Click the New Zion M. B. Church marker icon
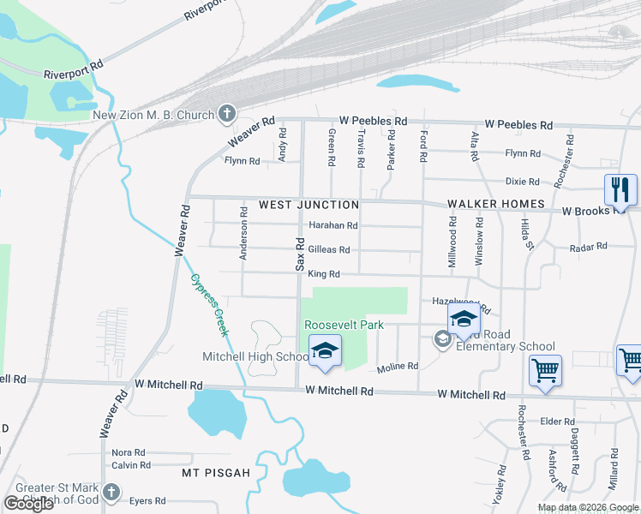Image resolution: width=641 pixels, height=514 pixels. pos(227,112)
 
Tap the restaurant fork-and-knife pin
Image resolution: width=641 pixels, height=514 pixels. pos(620,190)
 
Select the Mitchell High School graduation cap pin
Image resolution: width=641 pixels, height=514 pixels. pos(325,352)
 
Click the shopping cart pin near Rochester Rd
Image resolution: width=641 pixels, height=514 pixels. pos(545,371)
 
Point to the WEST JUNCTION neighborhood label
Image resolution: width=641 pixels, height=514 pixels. pos(309,205)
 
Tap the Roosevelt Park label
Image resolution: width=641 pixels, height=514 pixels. pos(344,326)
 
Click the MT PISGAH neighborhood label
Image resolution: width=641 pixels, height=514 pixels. pos(215,473)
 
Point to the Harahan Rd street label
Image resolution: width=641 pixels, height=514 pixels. pos(332,225)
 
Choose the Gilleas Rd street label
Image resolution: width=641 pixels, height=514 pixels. pos(328,250)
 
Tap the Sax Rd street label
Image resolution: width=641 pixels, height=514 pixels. pos(301,254)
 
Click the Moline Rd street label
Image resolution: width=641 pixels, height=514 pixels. pos(398,366)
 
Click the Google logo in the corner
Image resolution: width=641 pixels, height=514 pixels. pos(28,504)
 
